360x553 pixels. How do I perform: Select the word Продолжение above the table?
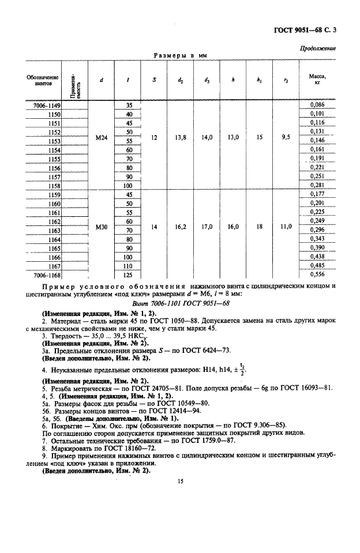[x=318, y=48]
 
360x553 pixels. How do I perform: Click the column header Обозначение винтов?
[x=43, y=80]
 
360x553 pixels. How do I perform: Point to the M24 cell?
[x=102, y=138]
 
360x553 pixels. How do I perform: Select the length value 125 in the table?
[x=129, y=275]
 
